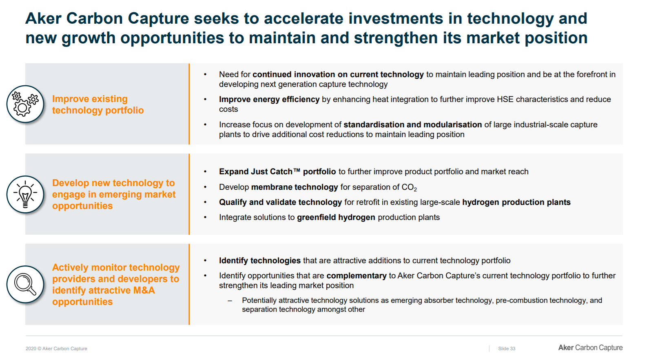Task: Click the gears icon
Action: point(25,104)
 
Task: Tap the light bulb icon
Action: point(25,194)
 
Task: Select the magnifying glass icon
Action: point(25,284)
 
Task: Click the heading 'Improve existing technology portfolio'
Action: point(97,104)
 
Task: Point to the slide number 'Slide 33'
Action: point(507,349)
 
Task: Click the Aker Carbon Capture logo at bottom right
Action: point(590,348)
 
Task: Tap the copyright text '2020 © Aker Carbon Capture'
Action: point(56,349)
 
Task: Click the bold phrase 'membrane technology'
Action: point(294,187)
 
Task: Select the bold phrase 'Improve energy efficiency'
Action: point(269,99)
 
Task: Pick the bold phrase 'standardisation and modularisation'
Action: point(412,124)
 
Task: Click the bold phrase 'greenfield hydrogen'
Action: point(336,217)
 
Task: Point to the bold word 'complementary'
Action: point(357,276)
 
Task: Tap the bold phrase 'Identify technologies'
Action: point(260,260)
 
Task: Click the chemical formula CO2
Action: point(409,187)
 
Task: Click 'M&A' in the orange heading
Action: point(144,290)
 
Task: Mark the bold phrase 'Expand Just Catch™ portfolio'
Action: point(277,171)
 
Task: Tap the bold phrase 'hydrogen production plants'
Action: point(516,202)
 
